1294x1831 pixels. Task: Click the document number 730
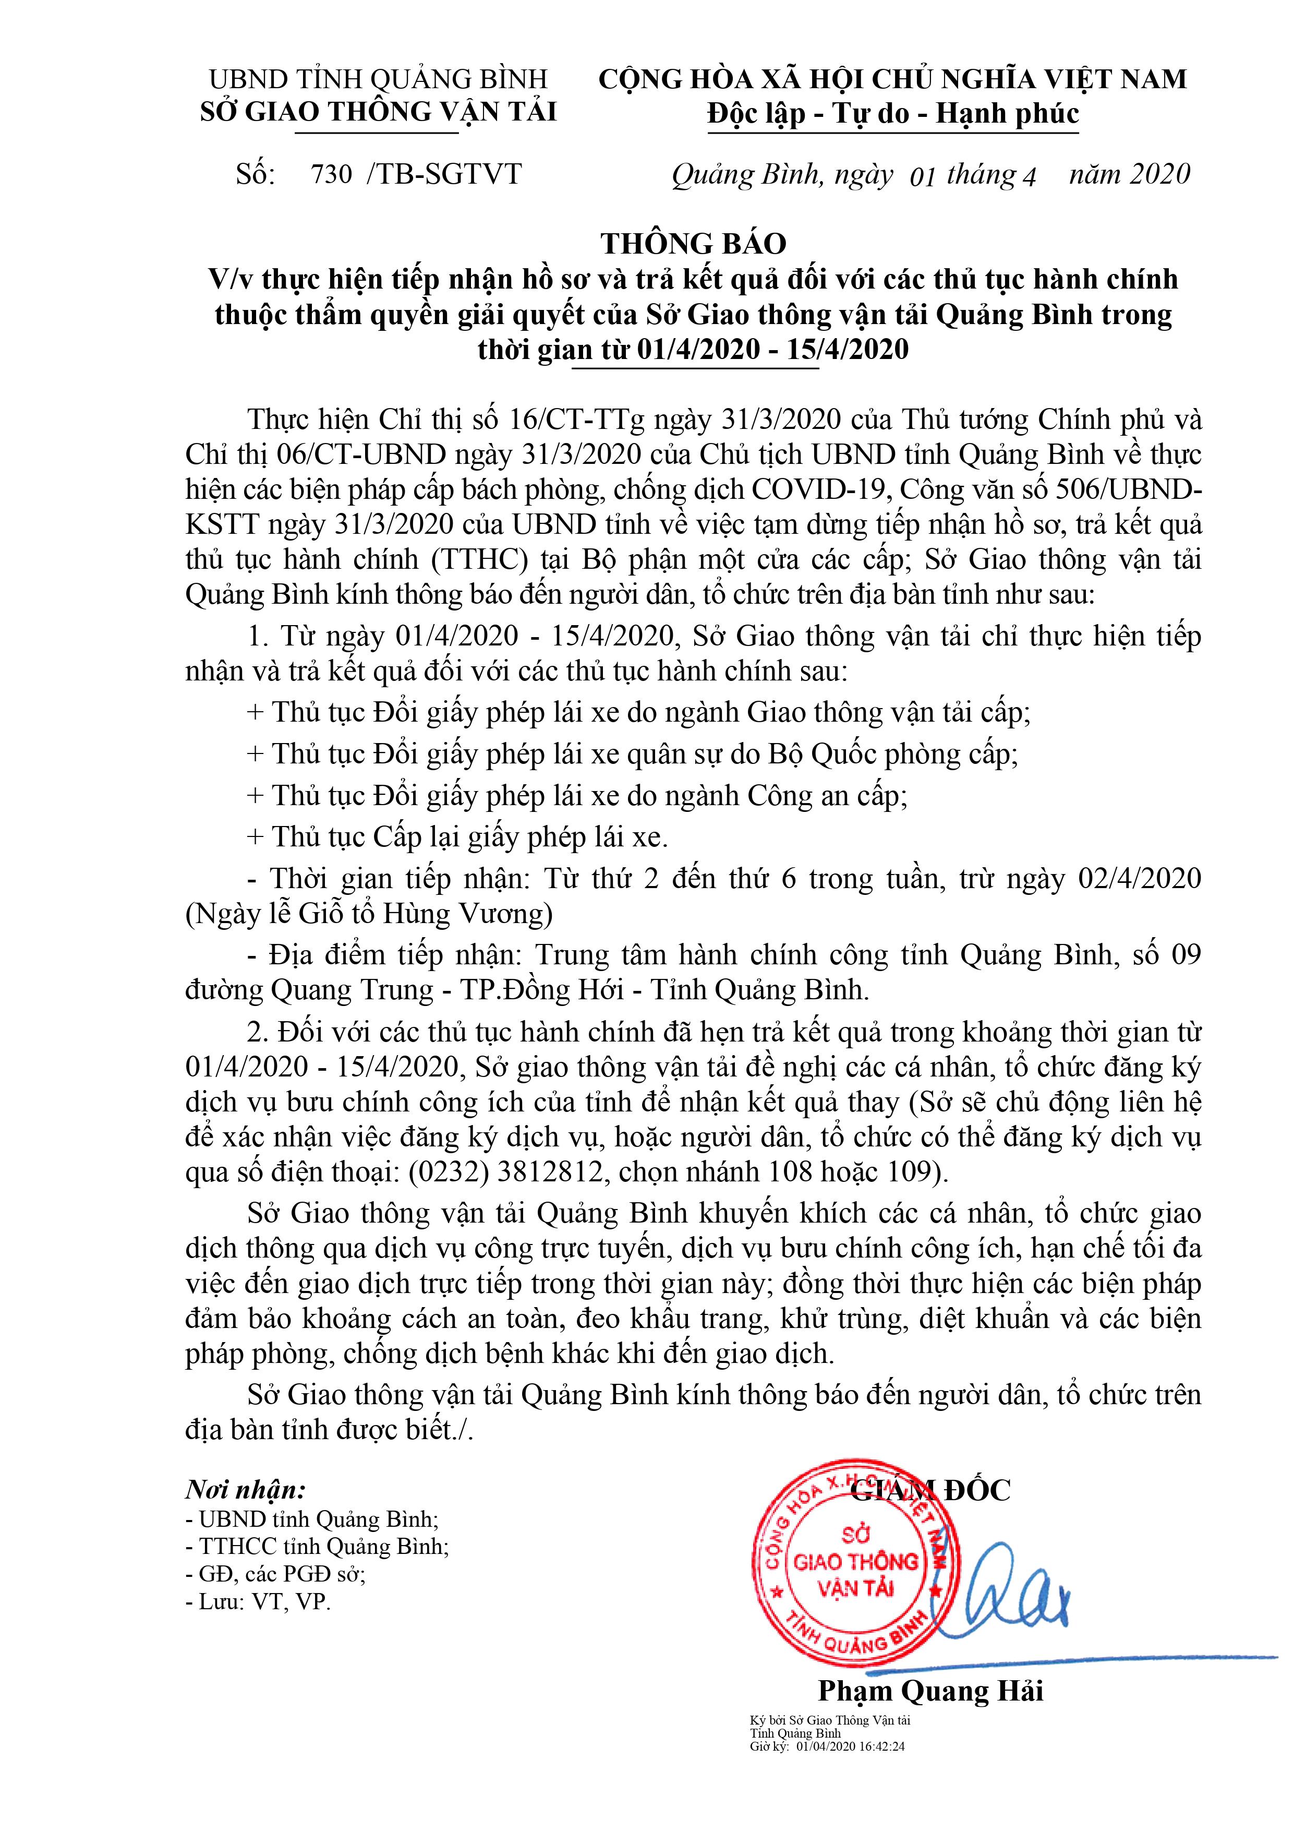pyautogui.click(x=331, y=174)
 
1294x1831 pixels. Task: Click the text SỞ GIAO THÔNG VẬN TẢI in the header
pyautogui.click(x=378, y=112)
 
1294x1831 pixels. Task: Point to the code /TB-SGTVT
pyautogui.click(x=444, y=174)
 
